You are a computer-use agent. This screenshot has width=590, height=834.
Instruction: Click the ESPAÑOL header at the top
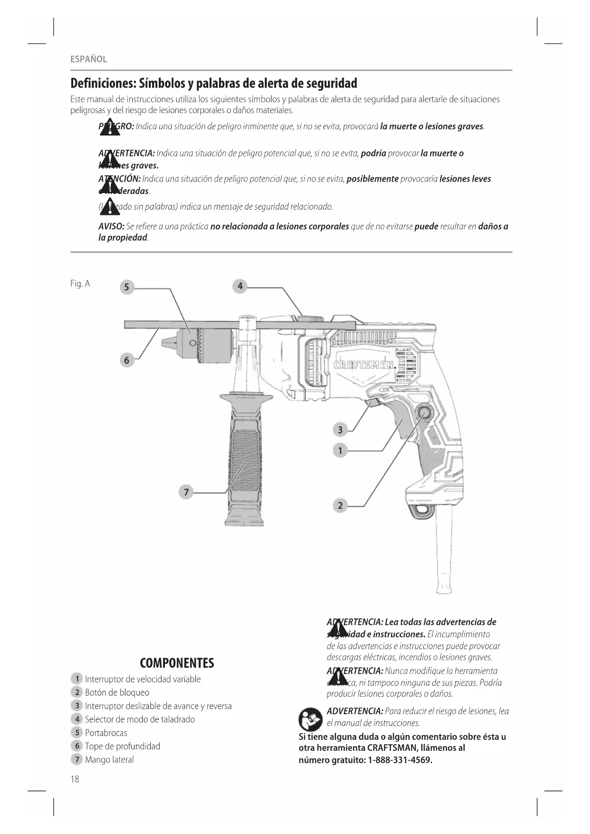click(88, 59)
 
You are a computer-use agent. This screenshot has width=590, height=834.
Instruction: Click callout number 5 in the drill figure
click(126, 287)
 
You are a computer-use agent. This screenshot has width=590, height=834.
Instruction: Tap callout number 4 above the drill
click(240, 286)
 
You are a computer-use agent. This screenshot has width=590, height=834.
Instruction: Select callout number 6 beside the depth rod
click(126, 360)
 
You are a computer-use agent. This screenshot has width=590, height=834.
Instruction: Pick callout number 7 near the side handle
click(186, 492)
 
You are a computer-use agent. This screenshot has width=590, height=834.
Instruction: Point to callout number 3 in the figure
click(340, 430)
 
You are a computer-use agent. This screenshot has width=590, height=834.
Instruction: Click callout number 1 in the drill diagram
click(340, 450)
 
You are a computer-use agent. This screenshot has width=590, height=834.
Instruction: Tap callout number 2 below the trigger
click(340, 505)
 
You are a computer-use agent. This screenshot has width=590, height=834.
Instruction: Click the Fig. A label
click(80, 284)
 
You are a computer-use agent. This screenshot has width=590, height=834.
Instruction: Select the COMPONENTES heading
click(177, 663)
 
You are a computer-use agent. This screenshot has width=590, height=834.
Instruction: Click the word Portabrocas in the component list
click(106, 733)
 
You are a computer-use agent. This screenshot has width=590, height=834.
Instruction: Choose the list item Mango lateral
click(109, 759)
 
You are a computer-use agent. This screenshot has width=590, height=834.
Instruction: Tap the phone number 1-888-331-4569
click(400, 760)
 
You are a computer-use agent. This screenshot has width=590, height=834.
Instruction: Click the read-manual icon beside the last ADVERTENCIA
click(310, 719)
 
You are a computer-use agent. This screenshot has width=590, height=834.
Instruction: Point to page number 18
click(75, 779)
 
